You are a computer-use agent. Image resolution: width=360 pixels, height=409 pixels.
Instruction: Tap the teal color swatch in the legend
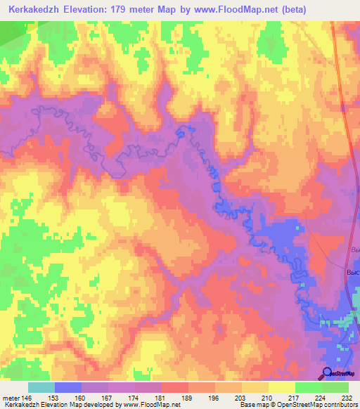pyautogui.click(x=41, y=387)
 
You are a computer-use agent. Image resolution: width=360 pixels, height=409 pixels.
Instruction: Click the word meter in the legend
pyautogui.click(x=11, y=397)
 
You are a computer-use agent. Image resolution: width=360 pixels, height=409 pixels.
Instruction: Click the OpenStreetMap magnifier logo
pyautogui.click(x=327, y=373)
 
